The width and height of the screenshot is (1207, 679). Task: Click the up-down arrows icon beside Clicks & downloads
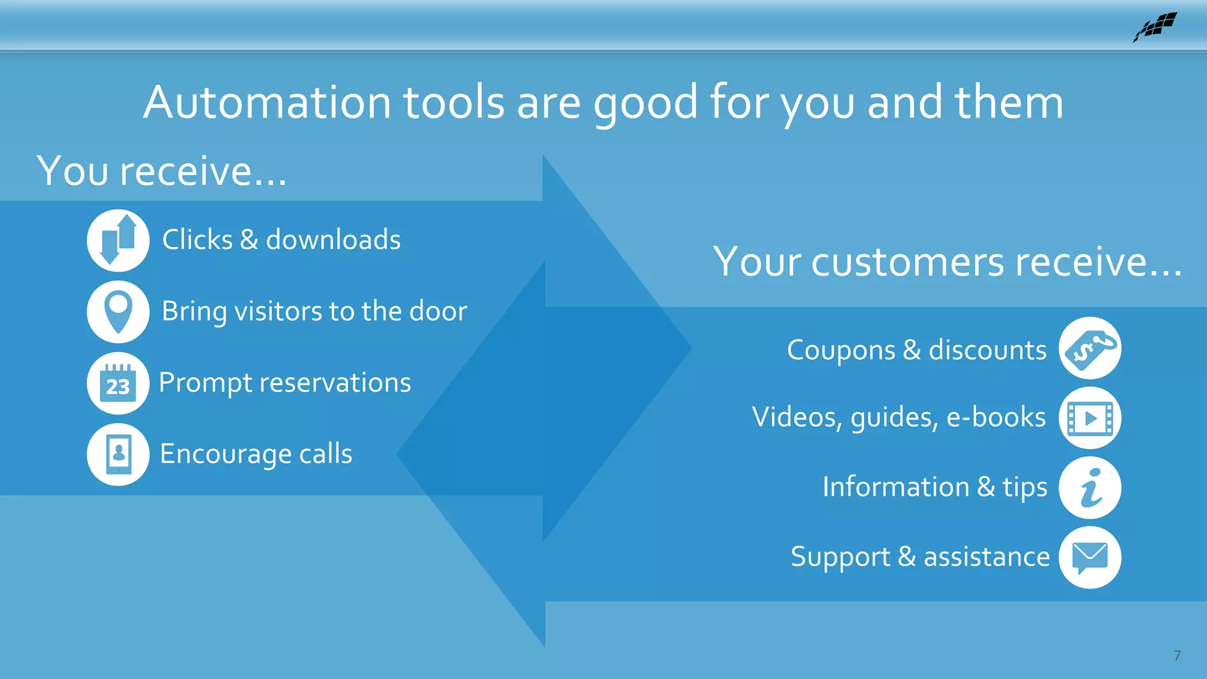[118, 240]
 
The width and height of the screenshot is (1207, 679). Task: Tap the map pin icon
[118, 311]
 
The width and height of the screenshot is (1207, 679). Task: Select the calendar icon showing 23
[118, 383]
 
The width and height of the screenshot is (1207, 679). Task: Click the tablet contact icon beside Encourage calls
[118, 454]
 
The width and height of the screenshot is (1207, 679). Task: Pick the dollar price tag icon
[1090, 348]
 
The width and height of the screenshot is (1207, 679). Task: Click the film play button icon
[1090, 418]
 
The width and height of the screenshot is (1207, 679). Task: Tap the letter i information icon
[1090, 488]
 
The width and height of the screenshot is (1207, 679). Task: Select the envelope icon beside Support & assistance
[1090, 558]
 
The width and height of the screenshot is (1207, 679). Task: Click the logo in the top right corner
[1155, 27]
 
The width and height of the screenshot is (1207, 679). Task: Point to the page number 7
[1177, 656]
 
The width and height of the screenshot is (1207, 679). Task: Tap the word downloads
[333, 240]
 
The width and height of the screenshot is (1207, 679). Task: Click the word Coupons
[841, 351]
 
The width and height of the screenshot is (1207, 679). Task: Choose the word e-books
[996, 417]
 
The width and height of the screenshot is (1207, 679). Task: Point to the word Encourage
[226, 454]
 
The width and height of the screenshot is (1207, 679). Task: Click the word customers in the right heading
[908, 262]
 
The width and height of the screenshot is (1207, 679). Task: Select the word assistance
[987, 557]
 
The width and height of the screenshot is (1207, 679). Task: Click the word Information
[896, 487]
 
